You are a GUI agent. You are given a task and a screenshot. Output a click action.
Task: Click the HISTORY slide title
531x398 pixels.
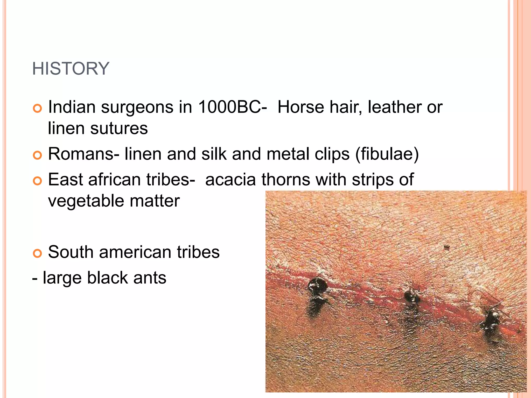pos(71,69)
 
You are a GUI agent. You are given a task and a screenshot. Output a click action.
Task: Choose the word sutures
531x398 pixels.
pos(119,128)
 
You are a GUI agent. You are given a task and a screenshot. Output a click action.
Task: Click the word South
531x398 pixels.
pos(71,252)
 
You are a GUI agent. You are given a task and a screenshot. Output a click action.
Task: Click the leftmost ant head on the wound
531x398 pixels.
pos(318,285)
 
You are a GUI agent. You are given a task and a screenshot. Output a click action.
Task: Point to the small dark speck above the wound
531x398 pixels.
pos(446,247)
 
